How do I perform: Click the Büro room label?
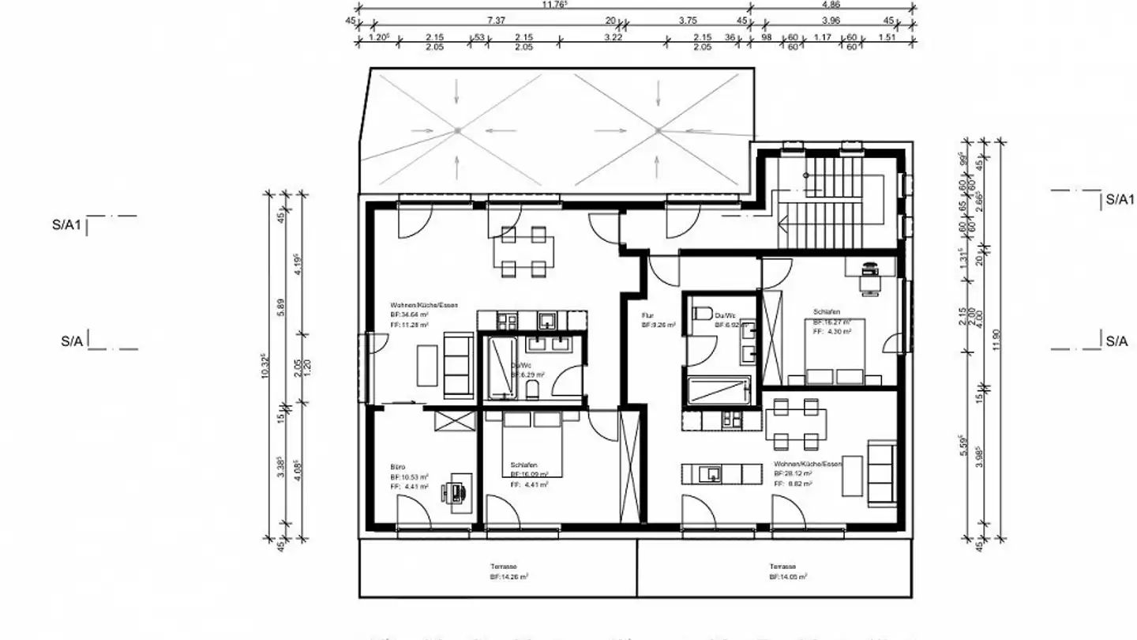click(397, 466)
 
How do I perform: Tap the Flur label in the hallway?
click(647, 314)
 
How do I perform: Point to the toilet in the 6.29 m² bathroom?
click(532, 389)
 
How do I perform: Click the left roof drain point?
click(457, 130)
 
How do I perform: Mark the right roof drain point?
click(657, 130)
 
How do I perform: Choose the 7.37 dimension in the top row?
click(496, 21)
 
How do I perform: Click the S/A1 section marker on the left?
click(67, 224)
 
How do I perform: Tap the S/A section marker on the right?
click(1116, 341)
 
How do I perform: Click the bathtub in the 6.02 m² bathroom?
click(719, 390)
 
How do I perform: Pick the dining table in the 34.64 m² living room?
click(523, 252)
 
